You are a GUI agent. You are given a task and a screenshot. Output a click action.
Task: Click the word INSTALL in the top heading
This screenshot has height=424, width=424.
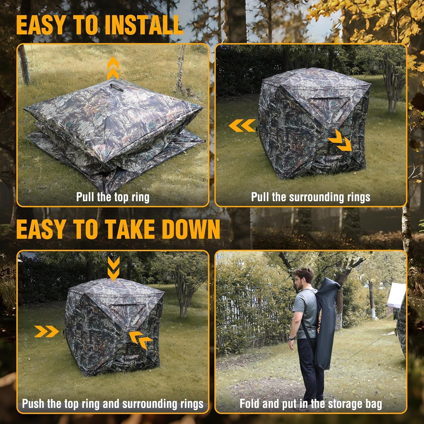coord(144,25)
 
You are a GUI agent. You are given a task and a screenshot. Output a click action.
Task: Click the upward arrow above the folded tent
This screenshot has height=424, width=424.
coord(113,68)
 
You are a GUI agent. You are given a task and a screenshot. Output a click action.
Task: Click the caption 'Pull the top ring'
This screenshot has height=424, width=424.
coord(113,197)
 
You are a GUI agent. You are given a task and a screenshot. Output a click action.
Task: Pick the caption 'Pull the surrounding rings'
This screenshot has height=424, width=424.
coord(311,197)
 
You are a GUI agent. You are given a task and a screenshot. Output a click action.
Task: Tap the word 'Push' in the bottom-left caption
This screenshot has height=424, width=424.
coord(33,403)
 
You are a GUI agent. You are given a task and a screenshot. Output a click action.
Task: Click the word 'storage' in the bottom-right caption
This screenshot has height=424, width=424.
coord(343,403)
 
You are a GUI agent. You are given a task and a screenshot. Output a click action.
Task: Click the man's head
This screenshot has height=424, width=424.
coord(303,278)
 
